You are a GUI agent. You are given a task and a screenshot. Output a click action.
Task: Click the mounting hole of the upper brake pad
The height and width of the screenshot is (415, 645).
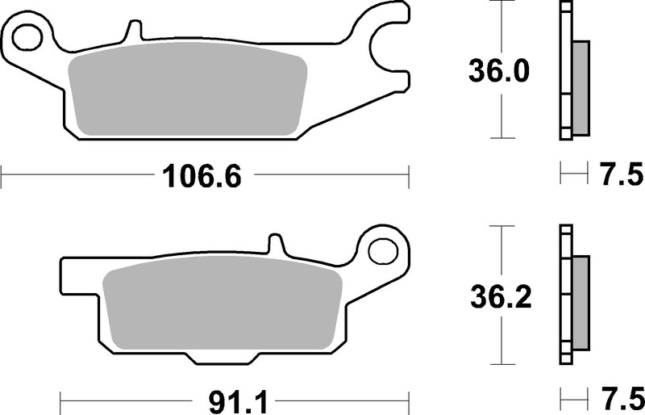[27, 36]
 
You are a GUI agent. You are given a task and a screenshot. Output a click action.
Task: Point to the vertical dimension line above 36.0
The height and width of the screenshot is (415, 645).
[502, 28]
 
